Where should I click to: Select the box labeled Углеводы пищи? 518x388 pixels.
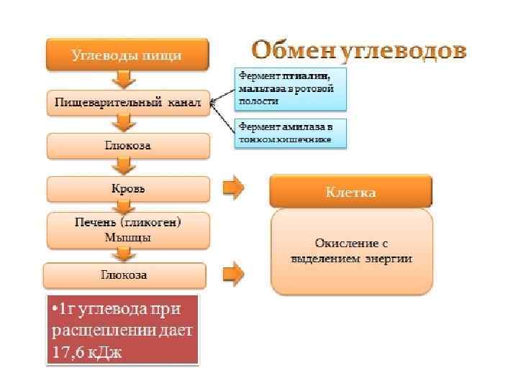pyautogui.click(x=127, y=54)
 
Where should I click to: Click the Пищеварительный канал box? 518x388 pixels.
pyautogui.click(x=128, y=103)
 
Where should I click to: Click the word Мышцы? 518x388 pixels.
pyautogui.click(x=128, y=238)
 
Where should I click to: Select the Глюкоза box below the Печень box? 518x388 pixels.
pyautogui.click(x=124, y=275)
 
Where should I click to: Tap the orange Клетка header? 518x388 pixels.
pyautogui.click(x=350, y=192)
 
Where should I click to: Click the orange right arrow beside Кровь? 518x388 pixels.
pyautogui.click(x=232, y=188)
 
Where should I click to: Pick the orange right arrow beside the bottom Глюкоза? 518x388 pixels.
pyautogui.click(x=232, y=274)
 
